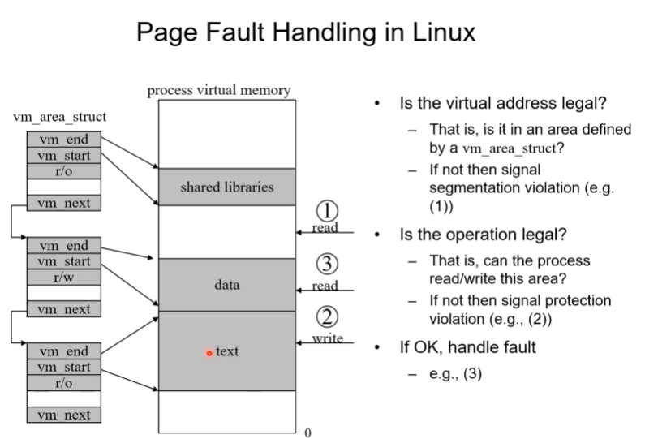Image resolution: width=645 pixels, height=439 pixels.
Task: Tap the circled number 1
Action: point(326,211)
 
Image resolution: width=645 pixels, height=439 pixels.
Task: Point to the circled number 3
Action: point(326,265)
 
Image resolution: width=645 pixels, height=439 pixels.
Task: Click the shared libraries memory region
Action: point(226,187)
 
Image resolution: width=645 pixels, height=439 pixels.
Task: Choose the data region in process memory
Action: point(226,285)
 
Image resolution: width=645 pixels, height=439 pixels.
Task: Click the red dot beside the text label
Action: point(209,353)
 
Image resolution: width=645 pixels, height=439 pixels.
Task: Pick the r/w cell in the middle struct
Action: point(63,278)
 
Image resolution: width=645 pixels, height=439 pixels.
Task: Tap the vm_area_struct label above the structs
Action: point(60,117)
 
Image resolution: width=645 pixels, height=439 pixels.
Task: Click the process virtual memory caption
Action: point(218,90)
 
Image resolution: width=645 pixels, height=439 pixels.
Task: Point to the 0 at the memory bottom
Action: point(307,433)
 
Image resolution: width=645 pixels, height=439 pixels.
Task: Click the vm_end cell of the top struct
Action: point(63,140)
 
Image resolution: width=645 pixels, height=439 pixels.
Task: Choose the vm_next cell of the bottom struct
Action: point(63,415)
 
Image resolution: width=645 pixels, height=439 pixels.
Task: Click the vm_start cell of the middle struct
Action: point(63,261)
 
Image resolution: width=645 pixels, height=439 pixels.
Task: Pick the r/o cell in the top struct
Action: point(63,171)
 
